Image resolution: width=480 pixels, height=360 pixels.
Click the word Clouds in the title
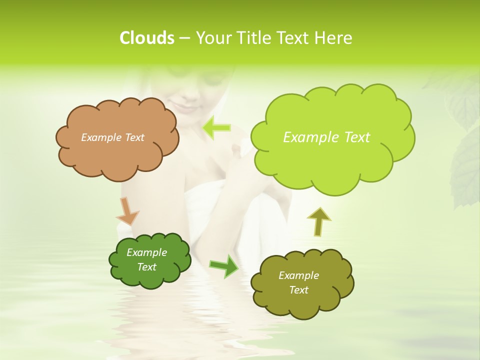pyautogui.click(x=146, y=38)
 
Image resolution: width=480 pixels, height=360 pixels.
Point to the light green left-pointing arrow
pyautogui.click(x=216, y=127)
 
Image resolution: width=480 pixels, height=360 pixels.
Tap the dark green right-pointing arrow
pyautogui.click(x=223, y=265)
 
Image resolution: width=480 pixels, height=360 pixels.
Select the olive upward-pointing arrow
pyautogui.click(x=318, y=220)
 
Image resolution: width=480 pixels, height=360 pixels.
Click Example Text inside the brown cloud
pyautogui.click(x=112, y=137)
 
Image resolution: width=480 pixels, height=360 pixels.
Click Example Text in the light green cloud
pyautogui.click(x=326, y=137)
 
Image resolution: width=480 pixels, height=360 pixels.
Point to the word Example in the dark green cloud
pyautogui.click(x=146, y=252)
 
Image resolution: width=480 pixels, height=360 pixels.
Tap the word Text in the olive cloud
pyautogui.click(x=298, y=290)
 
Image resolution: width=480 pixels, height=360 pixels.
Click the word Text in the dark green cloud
pyautogui.click(x=146, y=267)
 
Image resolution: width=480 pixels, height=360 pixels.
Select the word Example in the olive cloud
pyautogui.click(x=298, y=275)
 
